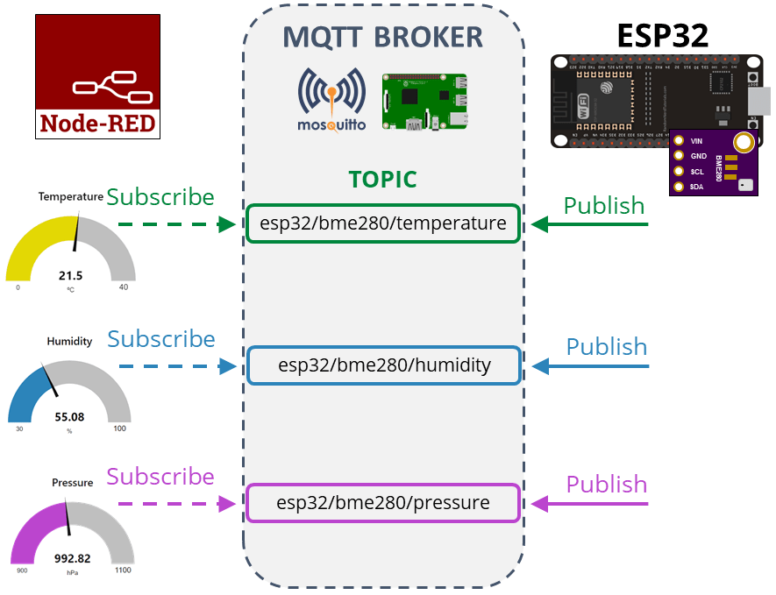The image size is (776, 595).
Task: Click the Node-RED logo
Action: coord(97,76)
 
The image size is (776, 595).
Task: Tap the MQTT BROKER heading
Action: coord(382,37)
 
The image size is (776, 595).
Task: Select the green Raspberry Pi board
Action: coord(424,103)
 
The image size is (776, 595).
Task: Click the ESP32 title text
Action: coord(662,34)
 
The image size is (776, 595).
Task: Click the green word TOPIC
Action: coord(382,180)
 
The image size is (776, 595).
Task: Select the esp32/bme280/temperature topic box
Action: coord(383,223)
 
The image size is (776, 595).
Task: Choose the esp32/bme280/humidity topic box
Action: coord(383,365)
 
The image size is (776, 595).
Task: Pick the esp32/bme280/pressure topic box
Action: coord(383,503)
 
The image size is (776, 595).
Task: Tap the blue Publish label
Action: coord(606,347)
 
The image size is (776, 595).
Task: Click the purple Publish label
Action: coord(606,485)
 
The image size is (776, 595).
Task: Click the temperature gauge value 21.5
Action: coord(70,275)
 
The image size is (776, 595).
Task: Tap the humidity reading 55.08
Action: coord(69,417)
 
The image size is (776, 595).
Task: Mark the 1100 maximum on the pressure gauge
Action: coord(122,570)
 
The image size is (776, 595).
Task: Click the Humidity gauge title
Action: coord(69,341)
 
